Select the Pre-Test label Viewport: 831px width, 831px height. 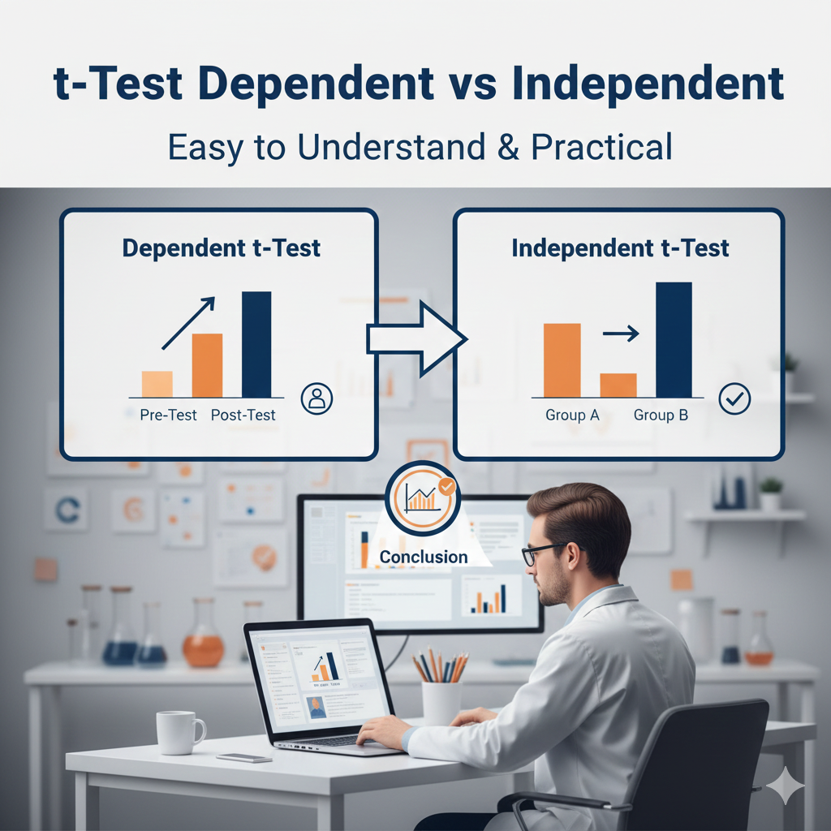[168, 415]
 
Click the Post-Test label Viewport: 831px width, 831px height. [243, 415]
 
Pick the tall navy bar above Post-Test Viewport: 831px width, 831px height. [256, 344]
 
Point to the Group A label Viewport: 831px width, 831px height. [572, 415]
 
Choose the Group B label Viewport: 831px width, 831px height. [661, 415]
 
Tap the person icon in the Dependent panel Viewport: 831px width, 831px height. [316, 398]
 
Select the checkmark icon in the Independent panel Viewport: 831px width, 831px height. [734, 398]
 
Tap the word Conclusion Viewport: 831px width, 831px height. [423, 557]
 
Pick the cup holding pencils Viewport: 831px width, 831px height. [441, 700]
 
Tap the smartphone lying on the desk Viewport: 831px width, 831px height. [243, 757]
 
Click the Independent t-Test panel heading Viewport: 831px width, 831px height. [620, 248]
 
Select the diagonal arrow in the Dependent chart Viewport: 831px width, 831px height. [188, 323]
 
